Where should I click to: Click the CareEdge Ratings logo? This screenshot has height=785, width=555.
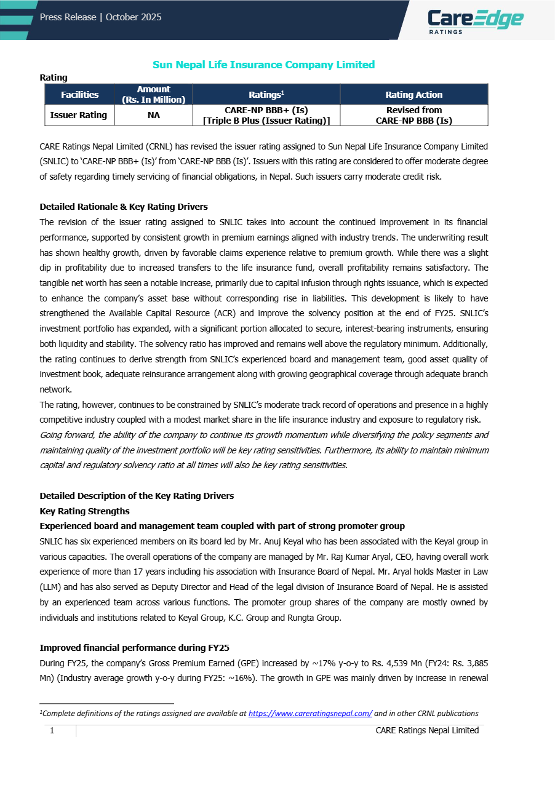(476, 20)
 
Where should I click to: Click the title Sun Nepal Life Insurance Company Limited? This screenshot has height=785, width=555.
(263, 65)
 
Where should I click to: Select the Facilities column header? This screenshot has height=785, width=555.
(79, 94)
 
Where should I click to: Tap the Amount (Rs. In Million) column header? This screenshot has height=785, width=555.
(153, 94)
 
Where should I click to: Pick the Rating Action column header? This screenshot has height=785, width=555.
(413, 94)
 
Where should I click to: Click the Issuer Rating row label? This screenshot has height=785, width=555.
(78, 115)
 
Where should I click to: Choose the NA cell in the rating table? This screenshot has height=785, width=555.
(153, 115)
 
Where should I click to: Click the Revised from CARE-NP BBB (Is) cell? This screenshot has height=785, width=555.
(413, 115)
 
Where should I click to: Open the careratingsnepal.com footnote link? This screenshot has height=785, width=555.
(310, 714)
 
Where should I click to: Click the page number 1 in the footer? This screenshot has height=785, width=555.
(52, 730)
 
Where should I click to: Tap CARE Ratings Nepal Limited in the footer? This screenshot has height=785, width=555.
(427, 730)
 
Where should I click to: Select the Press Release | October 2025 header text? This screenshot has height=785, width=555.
(100, 17)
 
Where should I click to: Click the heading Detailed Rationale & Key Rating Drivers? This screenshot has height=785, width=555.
(124, 207)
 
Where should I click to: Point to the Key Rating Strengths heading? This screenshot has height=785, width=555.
(84, 511)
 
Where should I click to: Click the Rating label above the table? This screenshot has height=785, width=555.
(54, 78)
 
